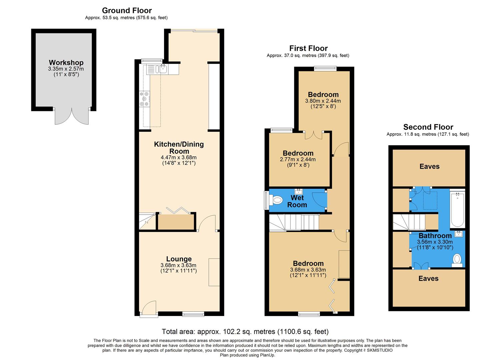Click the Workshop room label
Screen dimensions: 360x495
tap(66, 63)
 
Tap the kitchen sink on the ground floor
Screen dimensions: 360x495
tap(163, 69)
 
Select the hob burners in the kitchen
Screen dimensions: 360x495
tap(144, 99)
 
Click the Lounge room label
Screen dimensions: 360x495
tap(179, 259)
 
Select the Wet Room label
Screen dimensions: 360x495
tap(297, 201)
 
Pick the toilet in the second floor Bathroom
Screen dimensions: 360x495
tap(457, 259)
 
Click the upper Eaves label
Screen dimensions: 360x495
tap(429, 166)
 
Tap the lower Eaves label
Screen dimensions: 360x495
tap(428, 278)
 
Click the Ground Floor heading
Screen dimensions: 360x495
tap(127, 10)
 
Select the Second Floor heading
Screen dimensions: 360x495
tap(428, 127)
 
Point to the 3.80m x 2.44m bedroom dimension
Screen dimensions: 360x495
tap(323, 101)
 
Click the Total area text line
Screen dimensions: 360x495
tap(245, 332)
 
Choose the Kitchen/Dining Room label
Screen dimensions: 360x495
tap(179, 147)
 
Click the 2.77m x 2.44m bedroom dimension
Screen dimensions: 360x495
tap(298, 159)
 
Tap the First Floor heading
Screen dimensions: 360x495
tap(308, 48)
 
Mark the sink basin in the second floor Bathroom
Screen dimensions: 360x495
tap(459, 233)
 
